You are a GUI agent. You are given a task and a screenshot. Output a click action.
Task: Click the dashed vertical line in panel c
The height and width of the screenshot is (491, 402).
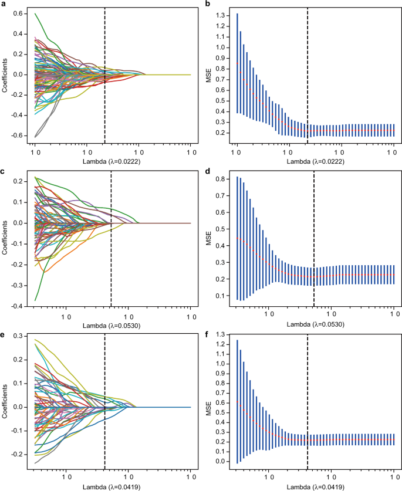(x=112, y=235)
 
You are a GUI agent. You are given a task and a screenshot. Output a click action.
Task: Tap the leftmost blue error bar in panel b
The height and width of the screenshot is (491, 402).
(x=238, y=63)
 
